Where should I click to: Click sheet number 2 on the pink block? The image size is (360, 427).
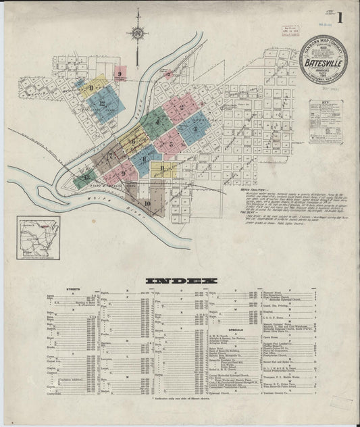click(182, 107)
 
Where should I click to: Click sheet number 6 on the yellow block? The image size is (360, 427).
click(134, 140)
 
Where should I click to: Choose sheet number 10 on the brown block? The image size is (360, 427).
click(147, 201)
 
